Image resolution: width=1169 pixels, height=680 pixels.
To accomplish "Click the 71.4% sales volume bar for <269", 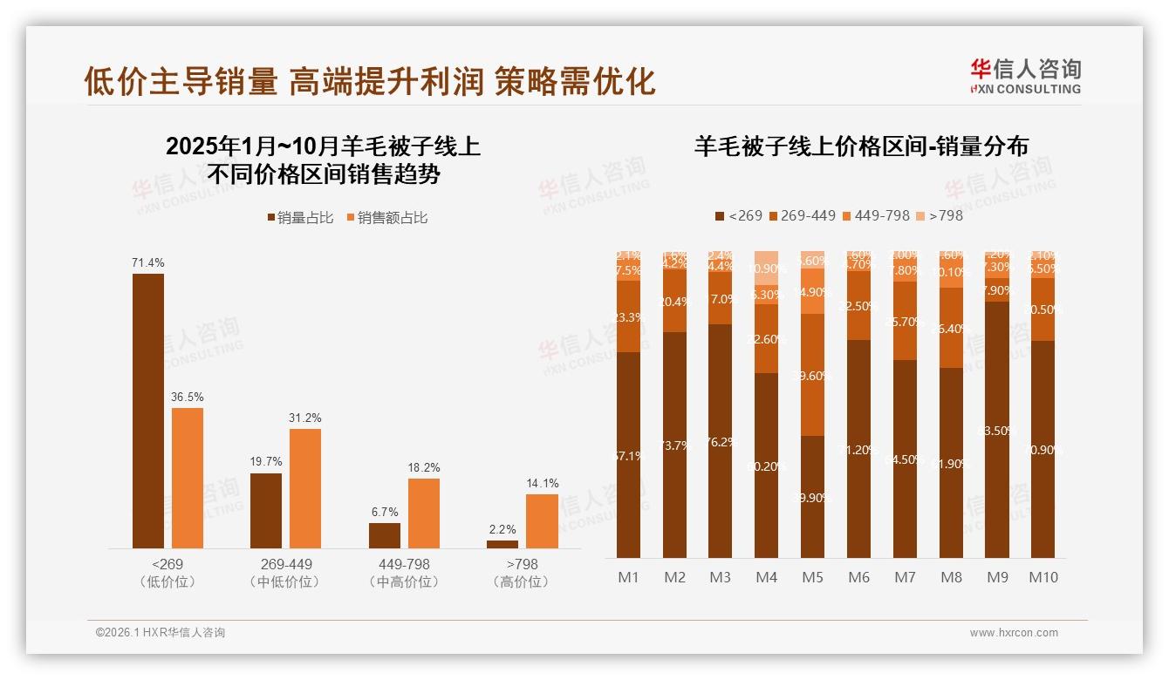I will point(148,411).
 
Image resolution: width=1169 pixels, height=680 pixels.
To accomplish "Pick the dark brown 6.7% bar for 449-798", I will point(385,535).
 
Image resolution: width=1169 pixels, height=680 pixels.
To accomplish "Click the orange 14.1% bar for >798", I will point(542,521).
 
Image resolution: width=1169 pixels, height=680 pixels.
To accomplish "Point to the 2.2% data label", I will point(502,529).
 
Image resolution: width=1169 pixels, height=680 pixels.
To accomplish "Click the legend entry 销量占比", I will point(301,218).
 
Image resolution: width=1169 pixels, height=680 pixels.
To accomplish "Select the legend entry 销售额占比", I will point(388,218).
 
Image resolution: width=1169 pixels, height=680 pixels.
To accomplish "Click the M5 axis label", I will point(812,577).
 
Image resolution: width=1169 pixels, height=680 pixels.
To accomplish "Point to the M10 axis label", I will point(1043,577).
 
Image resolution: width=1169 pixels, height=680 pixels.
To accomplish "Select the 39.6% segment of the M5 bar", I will point(812,375).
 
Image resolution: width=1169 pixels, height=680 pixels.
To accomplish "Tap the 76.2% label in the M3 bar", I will point(720,442).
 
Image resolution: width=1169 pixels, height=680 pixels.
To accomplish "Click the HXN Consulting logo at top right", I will point(1025,76).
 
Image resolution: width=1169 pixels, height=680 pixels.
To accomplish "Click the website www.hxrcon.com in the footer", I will point(1014,633).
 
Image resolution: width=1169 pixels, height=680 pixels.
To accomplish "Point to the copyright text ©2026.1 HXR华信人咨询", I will point(161,633).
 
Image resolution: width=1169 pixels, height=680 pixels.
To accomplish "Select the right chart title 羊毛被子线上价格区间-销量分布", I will point(861,146).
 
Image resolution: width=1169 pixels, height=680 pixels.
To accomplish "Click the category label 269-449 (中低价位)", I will point(286,573).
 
